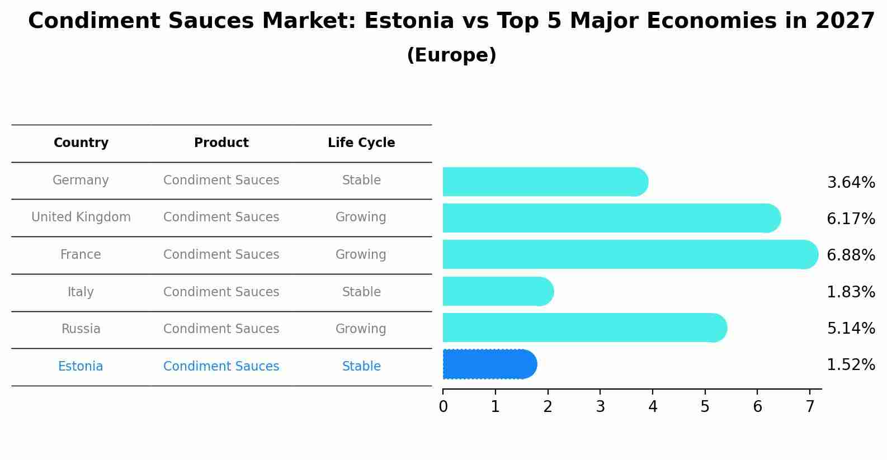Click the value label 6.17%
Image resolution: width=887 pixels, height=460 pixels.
pyautogui.click(x=851, y=219)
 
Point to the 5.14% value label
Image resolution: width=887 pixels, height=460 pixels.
pyautogui.click(x=851, y=329)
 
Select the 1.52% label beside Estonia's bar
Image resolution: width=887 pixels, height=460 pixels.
pyautogui.click(x=851, y=365)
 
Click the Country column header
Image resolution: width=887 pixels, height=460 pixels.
pyautogui.click(x=81, y=143)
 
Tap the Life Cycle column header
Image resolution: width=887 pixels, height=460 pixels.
pyautogui.click(x=361, y=143)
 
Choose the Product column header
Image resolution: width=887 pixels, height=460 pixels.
pyautogui.click(x=221, y=143)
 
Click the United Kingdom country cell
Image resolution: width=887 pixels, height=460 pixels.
pyautogui.click(x=81, y=217)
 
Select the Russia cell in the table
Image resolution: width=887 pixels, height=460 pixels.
pyautogui.click(x=81, y=329)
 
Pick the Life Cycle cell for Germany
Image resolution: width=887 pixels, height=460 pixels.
pyautogui.click(x=361, y=181)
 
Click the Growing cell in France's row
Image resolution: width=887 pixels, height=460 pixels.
pyautogui.click(x=361, y=255)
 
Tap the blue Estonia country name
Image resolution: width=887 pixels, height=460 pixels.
pyautogui.click(x=81, y=367)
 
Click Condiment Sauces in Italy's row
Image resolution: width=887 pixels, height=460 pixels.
pyautogui.click(x=221, y=292)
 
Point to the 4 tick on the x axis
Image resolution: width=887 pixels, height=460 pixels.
pyautogui.click(x=653, y=407)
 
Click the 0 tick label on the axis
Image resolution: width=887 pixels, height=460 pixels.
pyautogui.click(x=443, y=407)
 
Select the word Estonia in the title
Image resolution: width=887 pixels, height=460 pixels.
pyautogui.click(x=408, y=21)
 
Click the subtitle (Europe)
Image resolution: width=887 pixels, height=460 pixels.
pyautogui.click(x=451, y=55)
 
